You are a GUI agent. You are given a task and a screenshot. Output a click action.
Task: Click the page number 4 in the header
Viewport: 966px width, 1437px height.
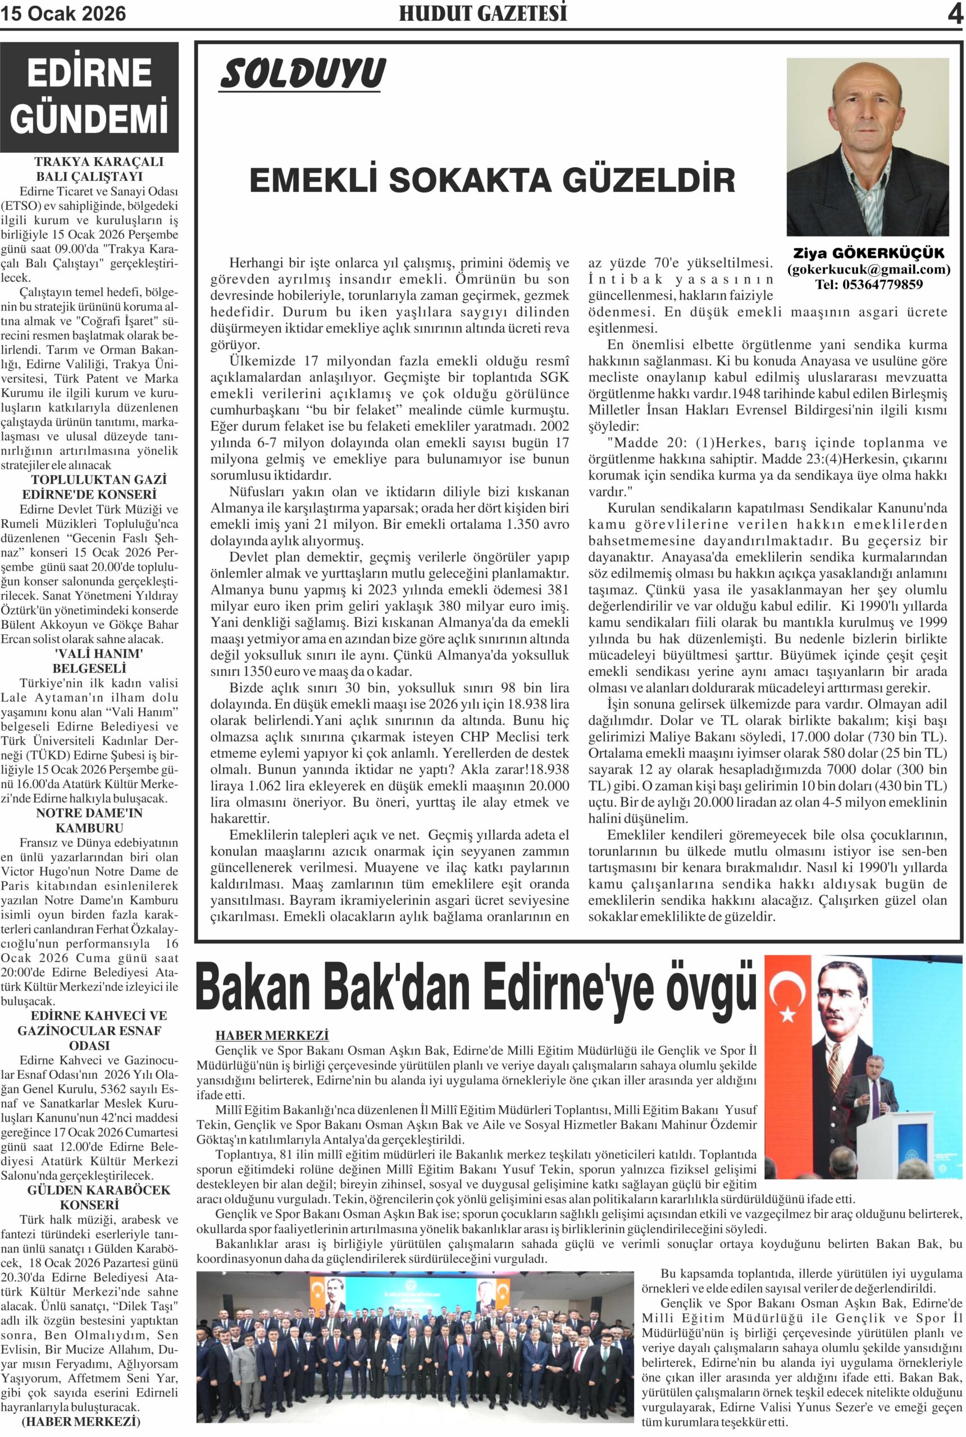(x=955, y=14)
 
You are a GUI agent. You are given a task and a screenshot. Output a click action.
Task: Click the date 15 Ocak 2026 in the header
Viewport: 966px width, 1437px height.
(x=63, y=13)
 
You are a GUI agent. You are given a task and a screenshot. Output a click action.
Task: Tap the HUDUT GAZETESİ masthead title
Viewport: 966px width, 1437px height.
(x=482, y=13)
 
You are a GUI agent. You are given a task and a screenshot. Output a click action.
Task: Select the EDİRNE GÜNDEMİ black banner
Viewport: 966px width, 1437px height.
(x=89, y=97)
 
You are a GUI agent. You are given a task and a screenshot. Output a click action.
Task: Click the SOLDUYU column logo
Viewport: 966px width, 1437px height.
(x=303, y=75)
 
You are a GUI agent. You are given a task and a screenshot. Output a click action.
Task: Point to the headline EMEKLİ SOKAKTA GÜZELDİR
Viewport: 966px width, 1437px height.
(x=491, y=181)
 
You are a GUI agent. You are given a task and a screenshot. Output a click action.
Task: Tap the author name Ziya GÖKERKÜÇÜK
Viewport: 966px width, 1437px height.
(x=868, y=254)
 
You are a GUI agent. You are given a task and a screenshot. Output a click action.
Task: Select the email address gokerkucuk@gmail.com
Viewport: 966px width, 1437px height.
(x=869, y=269)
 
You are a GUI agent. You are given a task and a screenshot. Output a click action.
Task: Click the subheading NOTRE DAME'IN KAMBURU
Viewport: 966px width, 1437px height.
(x=89, y=820)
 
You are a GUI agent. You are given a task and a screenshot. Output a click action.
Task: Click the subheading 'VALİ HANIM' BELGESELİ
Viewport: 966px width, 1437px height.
(x=89, y=661)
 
